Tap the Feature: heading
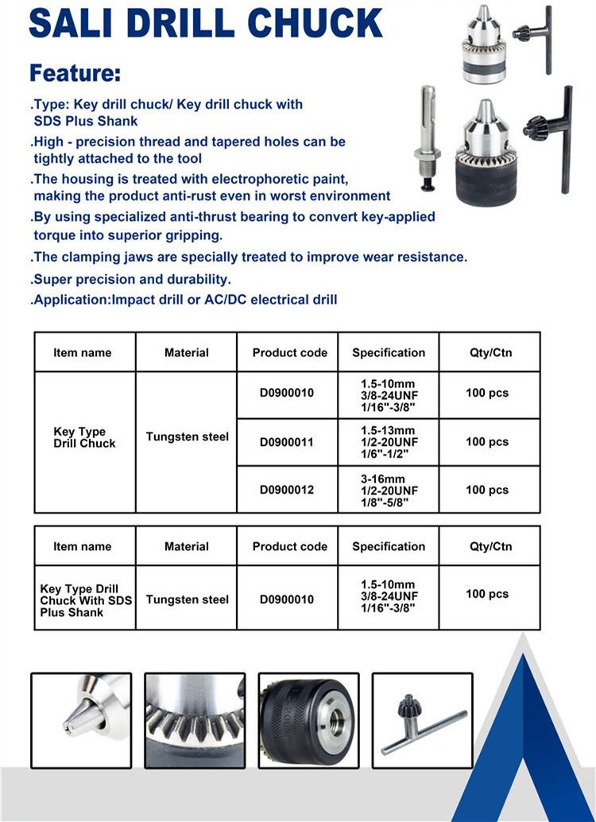coord(75,74)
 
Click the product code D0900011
coord(287,442)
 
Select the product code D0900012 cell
coord(287,490)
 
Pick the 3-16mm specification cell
coord(389,490)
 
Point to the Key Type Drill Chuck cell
coord(84,438)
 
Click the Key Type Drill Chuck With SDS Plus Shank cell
coord(84,600)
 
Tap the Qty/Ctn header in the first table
coord(490,352)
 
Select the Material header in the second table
coord(187,546)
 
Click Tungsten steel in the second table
coord(187,600)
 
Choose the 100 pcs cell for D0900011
coord(487,442)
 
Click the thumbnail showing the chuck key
coord(422,720)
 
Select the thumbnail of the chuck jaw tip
coord(81,720)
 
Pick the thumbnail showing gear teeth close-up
coord(195,720)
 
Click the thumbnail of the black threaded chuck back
coord(308,720)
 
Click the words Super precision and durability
coord(131,279)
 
